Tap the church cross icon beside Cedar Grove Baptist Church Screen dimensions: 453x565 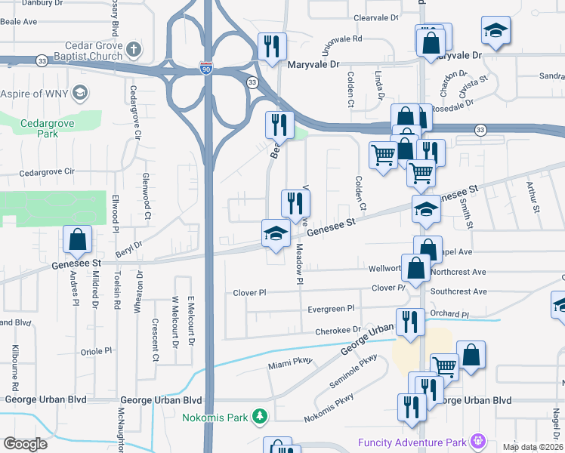tap(134, 51)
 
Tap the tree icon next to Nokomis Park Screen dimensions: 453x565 tap(259, 416)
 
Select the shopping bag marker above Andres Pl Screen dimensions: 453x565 tap(77, 240)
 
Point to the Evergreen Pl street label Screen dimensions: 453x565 tap(331, 309)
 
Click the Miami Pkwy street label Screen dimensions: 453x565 tap(285, 365)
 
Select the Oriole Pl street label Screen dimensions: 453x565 tap(96, 351)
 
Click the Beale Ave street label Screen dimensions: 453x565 tap(19, 22)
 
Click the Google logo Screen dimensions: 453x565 tap(25, 444)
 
